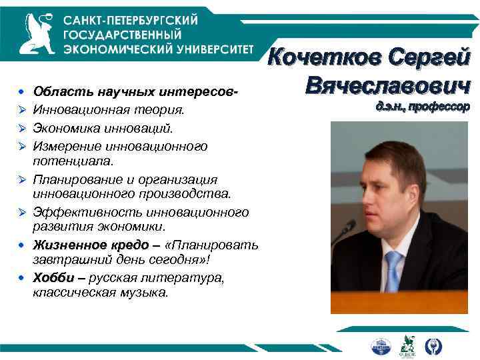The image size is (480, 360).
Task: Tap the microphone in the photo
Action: click(347, 231)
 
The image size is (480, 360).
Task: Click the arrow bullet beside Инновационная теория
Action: click(23, 109)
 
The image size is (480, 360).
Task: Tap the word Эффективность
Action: click(81, 213)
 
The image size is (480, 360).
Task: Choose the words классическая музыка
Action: click(100, 292)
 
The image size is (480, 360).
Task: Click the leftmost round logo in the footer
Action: click(380, 347)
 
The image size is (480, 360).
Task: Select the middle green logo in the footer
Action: click(407, 346)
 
